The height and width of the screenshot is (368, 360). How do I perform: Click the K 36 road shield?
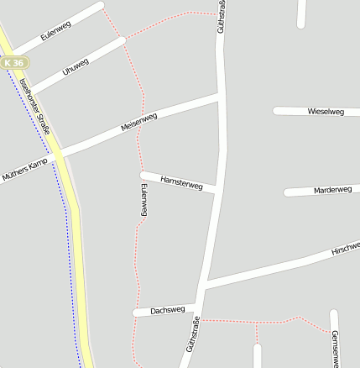tap(14, 62)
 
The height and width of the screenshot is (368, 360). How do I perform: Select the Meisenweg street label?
tap(138, 122)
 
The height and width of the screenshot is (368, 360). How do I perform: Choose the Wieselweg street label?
tap(326, 111)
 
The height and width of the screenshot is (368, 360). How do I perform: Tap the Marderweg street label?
tap(332, 190)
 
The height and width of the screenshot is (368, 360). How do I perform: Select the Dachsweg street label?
tap(167, 311)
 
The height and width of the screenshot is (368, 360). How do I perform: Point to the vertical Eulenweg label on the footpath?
tap(144, 201)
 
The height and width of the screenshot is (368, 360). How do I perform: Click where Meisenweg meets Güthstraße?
tap(221, 97)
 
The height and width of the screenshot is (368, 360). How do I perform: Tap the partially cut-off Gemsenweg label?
tap(335, 347)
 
